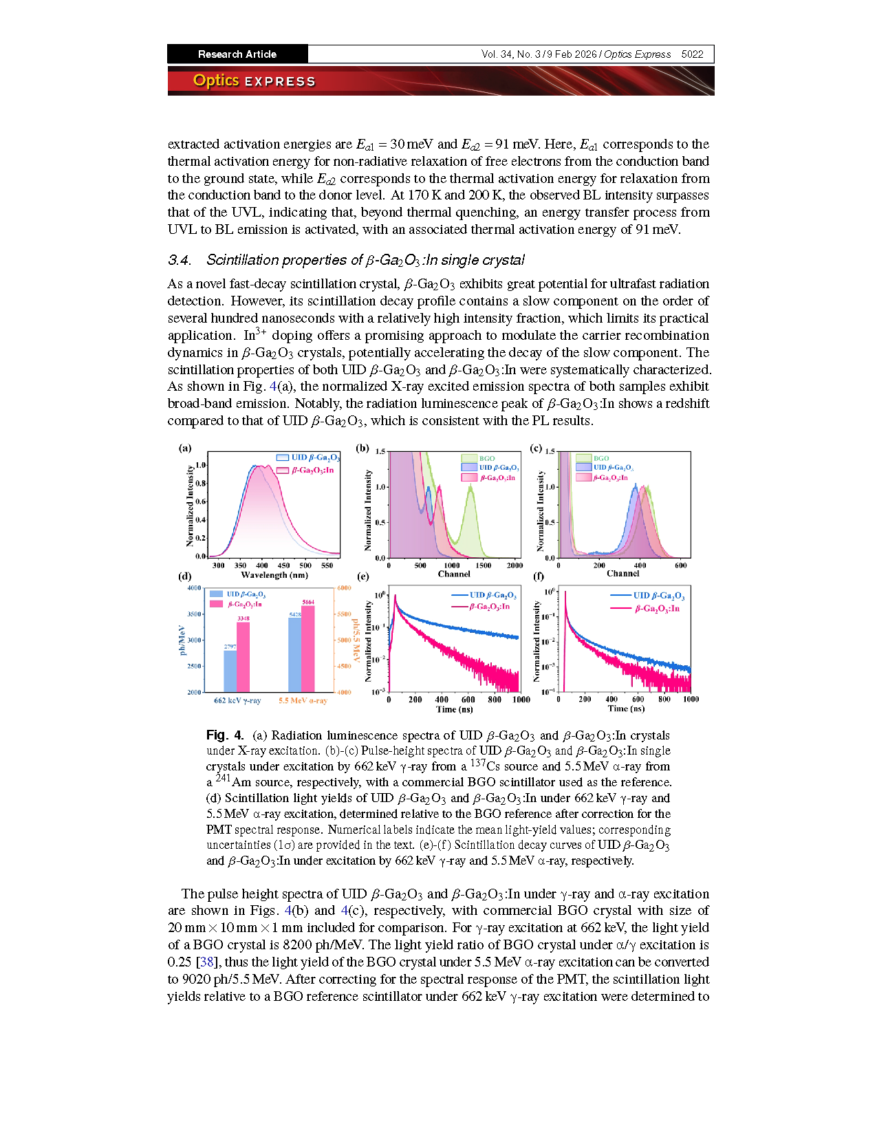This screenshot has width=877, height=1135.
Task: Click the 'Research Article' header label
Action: pyautogui.click(x=237, y=54)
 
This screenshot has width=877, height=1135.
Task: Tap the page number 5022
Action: pyautogui.click(x=692, y=54)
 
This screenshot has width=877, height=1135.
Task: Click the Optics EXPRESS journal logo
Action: pyautogui.click(x=254, y=80)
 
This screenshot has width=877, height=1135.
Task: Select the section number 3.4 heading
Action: pyautogui.click(x=180, y=260)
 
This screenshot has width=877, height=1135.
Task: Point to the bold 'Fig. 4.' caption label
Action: pyautogui.click(x=224, y=735)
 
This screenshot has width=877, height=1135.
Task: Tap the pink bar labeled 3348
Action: pyautogui.click(x=243, y=657)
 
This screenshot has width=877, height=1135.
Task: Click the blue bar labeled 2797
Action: pyautogui.click(x=230, y=671)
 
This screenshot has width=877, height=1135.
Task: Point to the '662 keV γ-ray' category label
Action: pyautogui.click(x=237, y=700)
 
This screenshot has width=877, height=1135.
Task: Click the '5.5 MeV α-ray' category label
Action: pyautogui.click(x=303, y=700)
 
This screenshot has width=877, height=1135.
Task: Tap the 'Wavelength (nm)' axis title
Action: pyautogui.click(x=274, y=575)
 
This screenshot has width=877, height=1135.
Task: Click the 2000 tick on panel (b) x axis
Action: pyautogui.click(x=515, y=565)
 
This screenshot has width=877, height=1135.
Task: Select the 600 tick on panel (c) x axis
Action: pyautogui.click(x=680, y=565)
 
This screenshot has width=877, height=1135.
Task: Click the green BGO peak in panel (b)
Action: pyautogui.click(x=470, y=488)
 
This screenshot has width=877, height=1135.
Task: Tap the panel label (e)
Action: pyautogui.click(x=362, y=576)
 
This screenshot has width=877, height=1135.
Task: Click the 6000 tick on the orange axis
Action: pyautogui.click(x=344, y=588)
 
